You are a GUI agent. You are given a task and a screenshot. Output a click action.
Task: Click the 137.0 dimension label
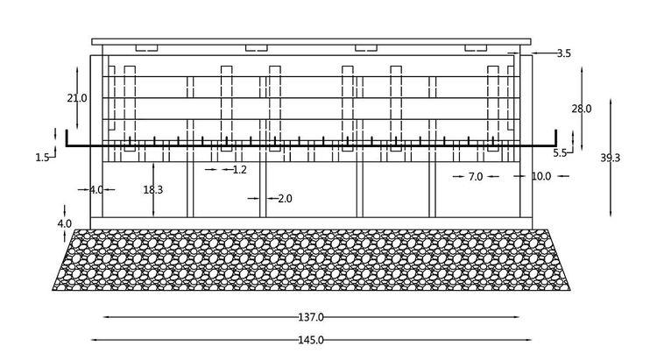(x=311, y=317)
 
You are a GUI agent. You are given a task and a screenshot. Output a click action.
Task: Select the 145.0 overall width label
(x=311, y=340)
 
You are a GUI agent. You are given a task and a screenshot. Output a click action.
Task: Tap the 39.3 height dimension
(x=610, y=158)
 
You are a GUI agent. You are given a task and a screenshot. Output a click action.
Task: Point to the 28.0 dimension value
(x=582, y=109)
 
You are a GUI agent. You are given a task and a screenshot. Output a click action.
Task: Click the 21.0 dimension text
(x=77, y=98)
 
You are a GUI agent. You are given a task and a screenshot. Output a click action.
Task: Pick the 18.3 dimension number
(x=153, y=190)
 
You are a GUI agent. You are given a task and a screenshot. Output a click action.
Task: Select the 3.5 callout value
(x=564, y=53)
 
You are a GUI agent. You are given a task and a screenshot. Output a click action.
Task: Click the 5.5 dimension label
(x=560, y=153)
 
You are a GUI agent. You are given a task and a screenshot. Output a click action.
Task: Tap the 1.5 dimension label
(x=42, y=158)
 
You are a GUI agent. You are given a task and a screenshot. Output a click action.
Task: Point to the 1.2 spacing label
(x=240, y=170)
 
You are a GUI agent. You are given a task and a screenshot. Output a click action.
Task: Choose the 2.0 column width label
(x=285, y=199)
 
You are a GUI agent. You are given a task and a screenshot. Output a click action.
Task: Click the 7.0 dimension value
(x=476, y=177)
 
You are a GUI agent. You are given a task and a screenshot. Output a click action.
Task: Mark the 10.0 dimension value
(x=541, y=176)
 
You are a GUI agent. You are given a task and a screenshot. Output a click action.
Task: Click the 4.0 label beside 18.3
(x=96, y=190)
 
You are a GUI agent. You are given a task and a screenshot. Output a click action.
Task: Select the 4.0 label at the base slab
(x=65, y=223)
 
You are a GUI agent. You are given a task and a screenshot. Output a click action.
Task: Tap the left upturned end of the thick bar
(x=67, y=131)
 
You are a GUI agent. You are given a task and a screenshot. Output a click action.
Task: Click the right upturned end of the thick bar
(x=556, y=131)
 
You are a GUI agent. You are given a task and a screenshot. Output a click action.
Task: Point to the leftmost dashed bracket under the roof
(x=146, y=48)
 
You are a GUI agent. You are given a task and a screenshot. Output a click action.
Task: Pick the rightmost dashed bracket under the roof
(x=476, y=48)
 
